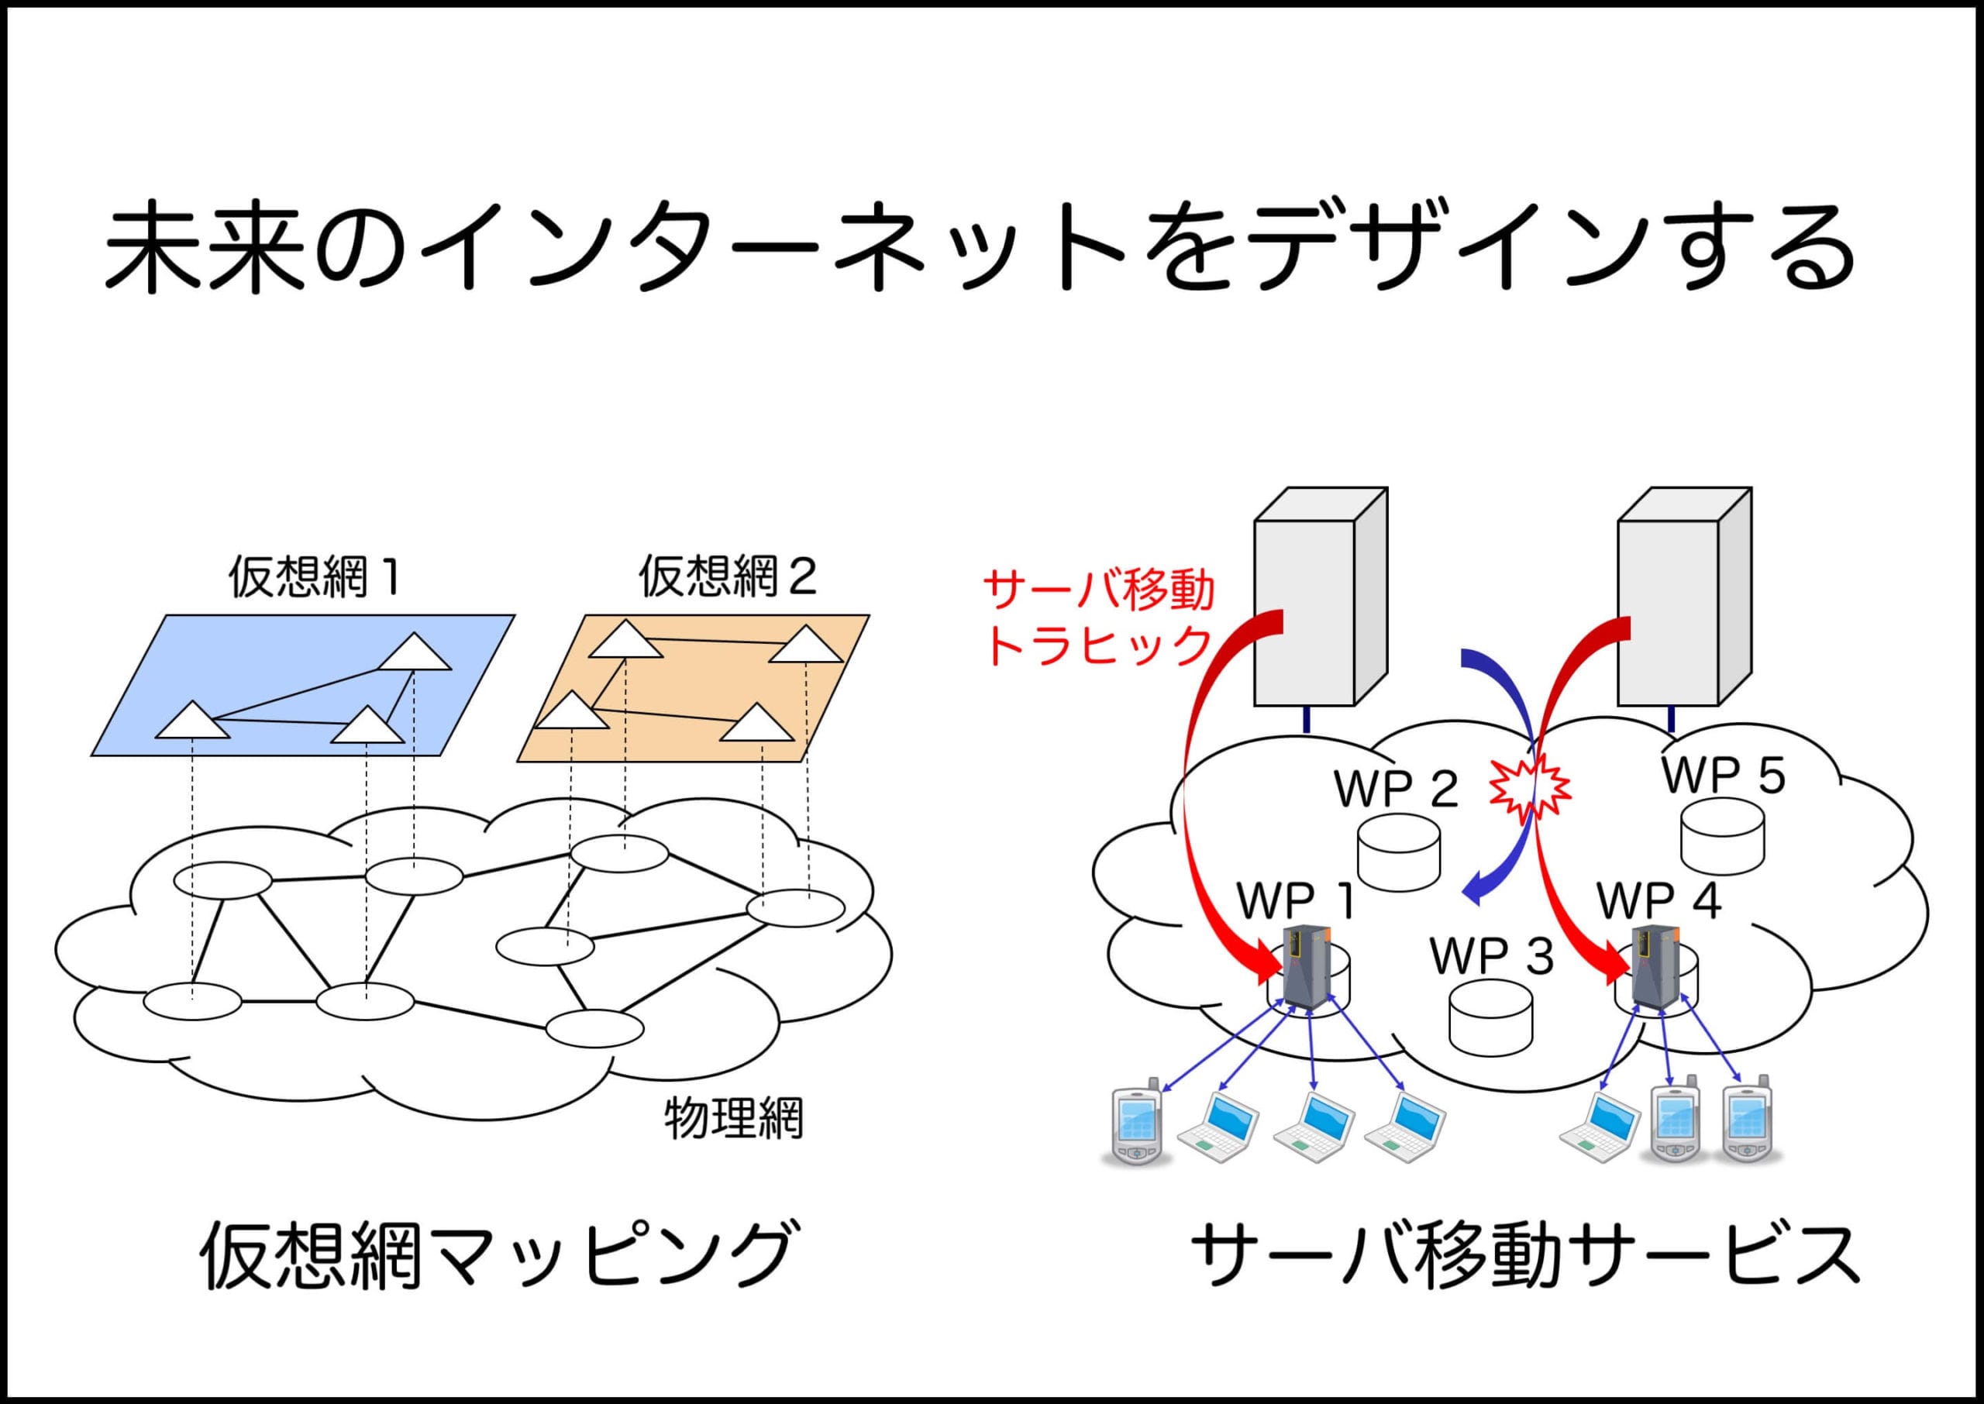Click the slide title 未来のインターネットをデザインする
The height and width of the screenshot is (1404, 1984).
(979, 248)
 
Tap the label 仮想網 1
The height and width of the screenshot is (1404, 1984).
(314, 576)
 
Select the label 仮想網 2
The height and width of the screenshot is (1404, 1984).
(727, 576)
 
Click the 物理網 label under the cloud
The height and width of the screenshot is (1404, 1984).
(733, 1118)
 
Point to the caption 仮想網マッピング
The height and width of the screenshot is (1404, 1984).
(496, 1255)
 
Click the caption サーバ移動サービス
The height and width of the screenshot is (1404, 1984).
(1525, 1255)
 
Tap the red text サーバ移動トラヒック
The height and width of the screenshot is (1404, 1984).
(1099, 618)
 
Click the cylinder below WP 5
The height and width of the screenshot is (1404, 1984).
(1722, 837)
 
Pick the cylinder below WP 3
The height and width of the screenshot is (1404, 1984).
(1491, 1017)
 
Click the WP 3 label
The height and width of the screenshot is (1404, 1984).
(1492, 955)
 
